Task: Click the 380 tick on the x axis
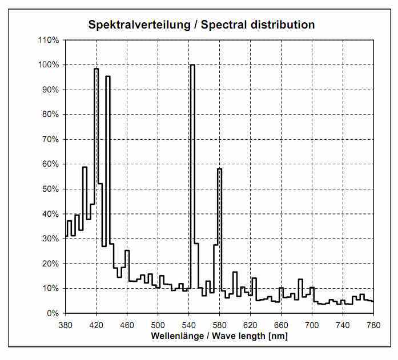pyautogui.click(x=66, y=325)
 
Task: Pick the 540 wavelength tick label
pyautogui.click(x=189, y=325)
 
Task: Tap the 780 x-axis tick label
pyautogui.click(x=373, y=325)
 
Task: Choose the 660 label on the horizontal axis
pyautogui.click(x=281, y=325)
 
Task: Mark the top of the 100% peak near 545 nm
pyautogui.click(x=192, y=65)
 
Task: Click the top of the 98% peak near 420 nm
pyautogui.click(x=96, y=69)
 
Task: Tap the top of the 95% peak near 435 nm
pyautogui.click(x=108, y=76)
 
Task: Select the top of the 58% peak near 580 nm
pyautogui.click(x=219, y=169)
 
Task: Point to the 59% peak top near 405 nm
pyautogui.click(x=85, y=167)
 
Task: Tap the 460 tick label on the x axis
pyautogui.click(x=127, y=325)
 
